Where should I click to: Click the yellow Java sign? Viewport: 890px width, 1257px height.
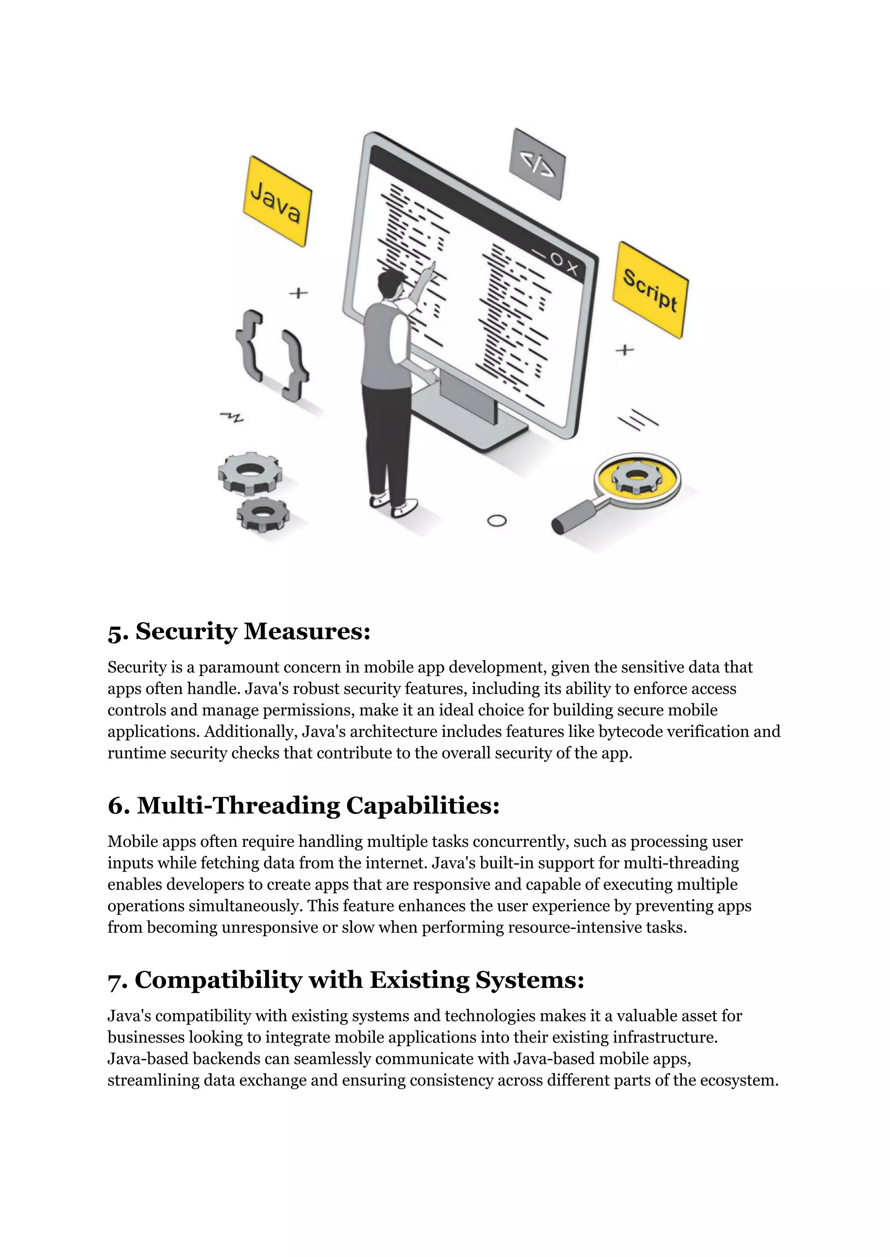point(277,201)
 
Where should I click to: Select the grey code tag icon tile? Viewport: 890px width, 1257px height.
point(537,164)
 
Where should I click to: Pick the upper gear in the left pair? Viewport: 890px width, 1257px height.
point(250,472)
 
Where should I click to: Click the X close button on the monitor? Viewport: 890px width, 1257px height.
point(571,269)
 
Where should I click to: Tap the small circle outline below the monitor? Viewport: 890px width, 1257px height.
point(497,521)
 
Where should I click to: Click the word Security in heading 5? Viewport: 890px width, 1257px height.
point(186,631)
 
